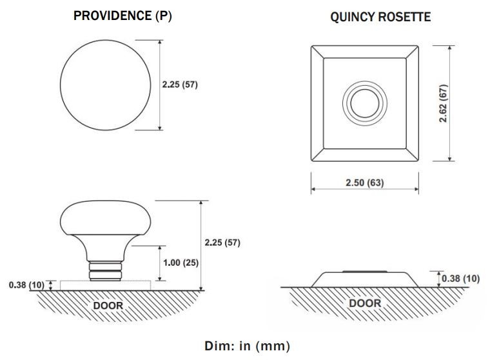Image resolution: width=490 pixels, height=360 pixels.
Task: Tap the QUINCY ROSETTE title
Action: (x=380, y=17)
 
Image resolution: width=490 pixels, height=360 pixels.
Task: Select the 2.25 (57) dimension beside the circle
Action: (x=179, y=85)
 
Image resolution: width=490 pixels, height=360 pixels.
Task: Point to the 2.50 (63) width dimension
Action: (x=364, y=182)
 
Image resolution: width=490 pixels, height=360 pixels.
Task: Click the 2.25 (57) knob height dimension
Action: (x=222, y=243)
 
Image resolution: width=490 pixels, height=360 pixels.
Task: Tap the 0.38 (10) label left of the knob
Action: (x=27, y=285)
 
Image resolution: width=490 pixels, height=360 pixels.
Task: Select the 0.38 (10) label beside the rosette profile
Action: (x=460, y=279)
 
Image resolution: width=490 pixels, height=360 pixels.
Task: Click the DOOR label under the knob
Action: (x=108, y=305)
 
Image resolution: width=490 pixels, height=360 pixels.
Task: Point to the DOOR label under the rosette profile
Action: (x=365, y=303)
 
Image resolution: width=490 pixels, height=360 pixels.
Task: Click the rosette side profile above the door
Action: (x=365, y=279)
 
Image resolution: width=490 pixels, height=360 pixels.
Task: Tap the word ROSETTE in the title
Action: (x=405, y=17)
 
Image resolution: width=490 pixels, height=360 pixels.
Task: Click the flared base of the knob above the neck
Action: (x=104, y=248)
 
